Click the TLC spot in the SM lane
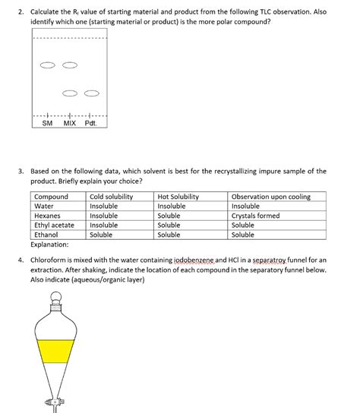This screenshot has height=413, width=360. click(48, 65)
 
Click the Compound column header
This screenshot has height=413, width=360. click(52, 197)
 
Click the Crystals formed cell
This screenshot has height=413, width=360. click(255, 216)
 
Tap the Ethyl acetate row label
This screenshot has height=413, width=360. click(55, 225)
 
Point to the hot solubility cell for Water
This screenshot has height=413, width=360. click(172, 206)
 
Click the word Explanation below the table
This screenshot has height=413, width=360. click(50, 245)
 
